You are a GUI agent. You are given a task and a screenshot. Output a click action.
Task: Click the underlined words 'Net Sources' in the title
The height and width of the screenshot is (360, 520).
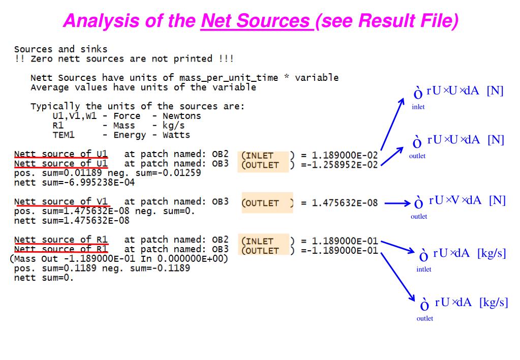pos(256,21)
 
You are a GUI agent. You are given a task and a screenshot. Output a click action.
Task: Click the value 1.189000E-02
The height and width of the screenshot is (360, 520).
pos(345,155)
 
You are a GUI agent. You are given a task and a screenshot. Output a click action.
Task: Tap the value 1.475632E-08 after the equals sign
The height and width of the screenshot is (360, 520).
pos(345,203)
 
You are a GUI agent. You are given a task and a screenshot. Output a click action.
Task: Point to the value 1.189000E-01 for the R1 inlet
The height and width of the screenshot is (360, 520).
pos(345,241)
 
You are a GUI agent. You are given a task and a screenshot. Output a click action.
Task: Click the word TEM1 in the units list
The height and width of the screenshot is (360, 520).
pos(64,135)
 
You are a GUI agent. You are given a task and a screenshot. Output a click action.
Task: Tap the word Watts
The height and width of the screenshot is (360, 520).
pos(176,135)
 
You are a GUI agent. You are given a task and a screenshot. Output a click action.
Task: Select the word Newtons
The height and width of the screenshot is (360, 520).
pos(181,116)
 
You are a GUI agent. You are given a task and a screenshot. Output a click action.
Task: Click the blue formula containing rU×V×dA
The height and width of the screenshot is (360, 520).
pos(460,201)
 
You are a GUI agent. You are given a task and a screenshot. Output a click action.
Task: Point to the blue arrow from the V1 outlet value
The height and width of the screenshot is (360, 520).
pos(397,203)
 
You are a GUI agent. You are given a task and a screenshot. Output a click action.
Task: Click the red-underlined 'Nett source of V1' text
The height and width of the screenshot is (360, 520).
pos(61,201)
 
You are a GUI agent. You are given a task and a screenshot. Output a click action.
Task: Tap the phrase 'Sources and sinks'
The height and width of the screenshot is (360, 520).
pos(61,49)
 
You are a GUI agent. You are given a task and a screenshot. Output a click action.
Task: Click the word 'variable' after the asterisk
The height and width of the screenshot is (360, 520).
pos(316,78)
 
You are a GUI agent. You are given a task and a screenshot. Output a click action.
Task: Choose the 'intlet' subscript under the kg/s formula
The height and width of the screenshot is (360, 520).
pos(423,269)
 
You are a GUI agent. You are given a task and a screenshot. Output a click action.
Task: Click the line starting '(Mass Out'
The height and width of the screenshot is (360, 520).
pos(119,259)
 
